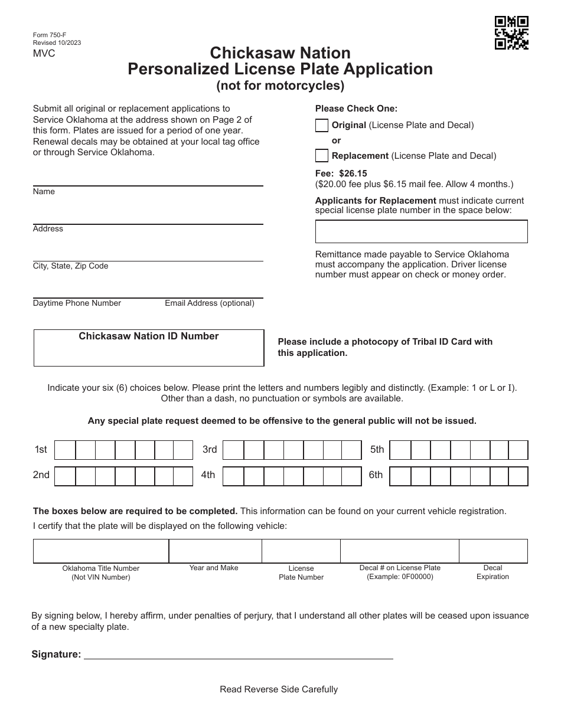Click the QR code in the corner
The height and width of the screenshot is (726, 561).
click(x=511, y=33)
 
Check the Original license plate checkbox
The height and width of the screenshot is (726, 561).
click(x=322, y=125)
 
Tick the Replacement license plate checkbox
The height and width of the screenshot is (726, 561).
click(x=322, y=156)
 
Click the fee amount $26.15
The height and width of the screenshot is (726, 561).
click(x=353, y=174)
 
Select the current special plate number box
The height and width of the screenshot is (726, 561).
click(x=421, y=231)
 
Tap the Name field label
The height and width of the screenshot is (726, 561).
click(x=44, y=192)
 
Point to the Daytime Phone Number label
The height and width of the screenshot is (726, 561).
click(x=77, y=303)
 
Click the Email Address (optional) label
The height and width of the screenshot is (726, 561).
click(x=210, y=303)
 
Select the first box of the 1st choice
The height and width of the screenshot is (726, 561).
click(x=65, y=450)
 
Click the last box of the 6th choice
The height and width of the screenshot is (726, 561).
click(x=518, y=476)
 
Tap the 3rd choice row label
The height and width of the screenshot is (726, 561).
click(x=210, y=450)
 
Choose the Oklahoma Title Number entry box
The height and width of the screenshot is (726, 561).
click(x=101, y=551)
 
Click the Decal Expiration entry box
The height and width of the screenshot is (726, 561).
click(x=493, y=551)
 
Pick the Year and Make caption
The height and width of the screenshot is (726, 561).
click(x=214, y=568)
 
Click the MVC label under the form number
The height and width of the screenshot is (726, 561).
click(x=44, y=53)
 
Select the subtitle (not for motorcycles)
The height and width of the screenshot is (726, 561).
click(x=280, y=86)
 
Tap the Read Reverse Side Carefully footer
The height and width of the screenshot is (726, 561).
click(x=279, y=689)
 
